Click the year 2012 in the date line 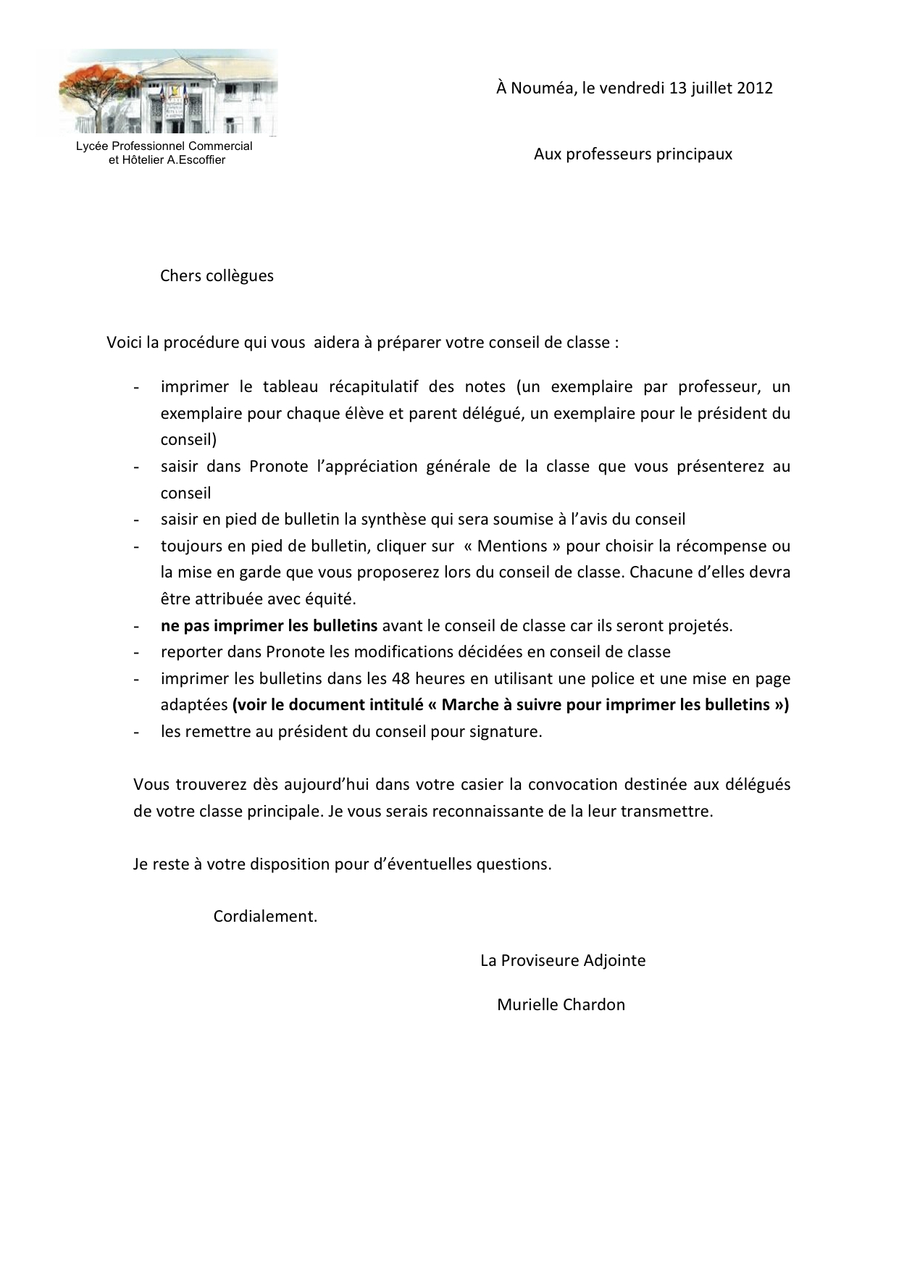pos(755,88)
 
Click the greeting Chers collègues pos(217,276)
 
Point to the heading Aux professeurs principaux pos(632,154)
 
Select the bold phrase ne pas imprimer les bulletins pos(269,626)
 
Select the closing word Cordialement pos(265,917)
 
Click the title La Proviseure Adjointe pos(562,961)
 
